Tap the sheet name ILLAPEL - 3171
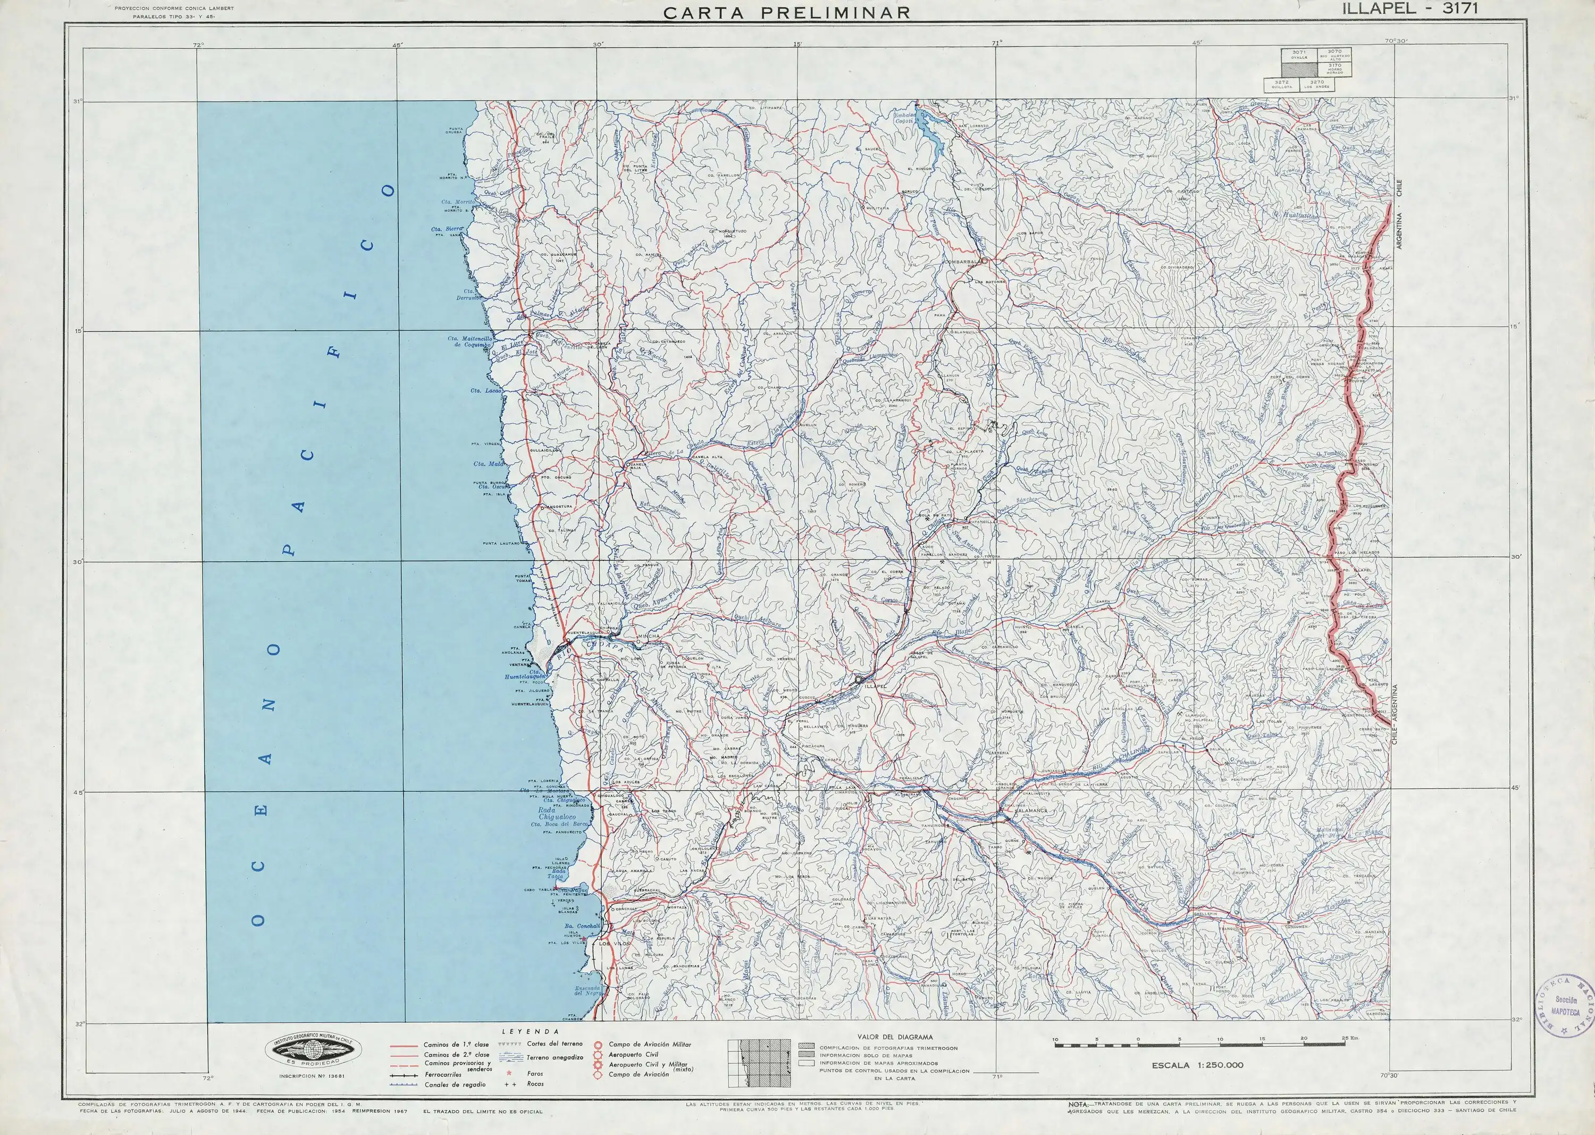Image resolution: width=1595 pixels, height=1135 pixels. pos(1408,9)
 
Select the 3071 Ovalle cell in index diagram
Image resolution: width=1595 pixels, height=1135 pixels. pos(1299,54)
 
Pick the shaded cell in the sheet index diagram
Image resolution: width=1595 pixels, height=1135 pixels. pos(1299,70)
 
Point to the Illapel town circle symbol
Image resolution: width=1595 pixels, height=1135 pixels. pos(858,678)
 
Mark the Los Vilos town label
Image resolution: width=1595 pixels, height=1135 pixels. pos(615,944)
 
